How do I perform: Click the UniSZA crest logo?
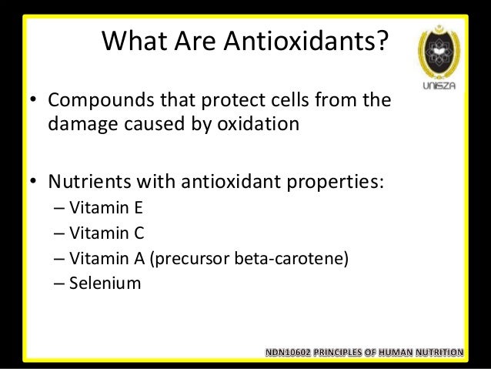point(438,54)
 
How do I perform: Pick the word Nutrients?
point(85,183)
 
